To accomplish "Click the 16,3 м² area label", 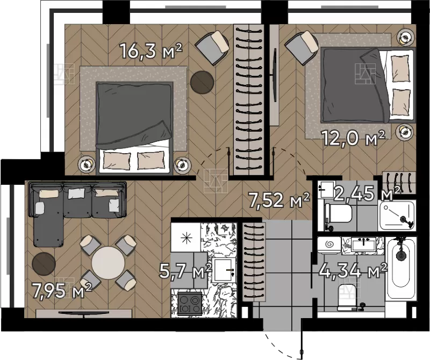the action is point(151,51).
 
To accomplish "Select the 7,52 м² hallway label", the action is point(278,199).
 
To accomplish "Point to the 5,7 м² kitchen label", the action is point(185,271).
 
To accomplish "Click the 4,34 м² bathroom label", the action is point(353,271).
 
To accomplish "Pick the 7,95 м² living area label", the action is point(61,291).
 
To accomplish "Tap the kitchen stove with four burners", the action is point(190,303).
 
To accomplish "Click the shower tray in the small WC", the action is point(397,215).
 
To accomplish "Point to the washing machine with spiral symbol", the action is point(329,244).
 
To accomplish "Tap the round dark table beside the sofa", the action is point(44,264).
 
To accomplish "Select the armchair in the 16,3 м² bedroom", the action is point(212,47).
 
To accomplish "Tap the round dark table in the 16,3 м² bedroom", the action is point(202,82).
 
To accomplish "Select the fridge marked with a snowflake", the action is point(186,237).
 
